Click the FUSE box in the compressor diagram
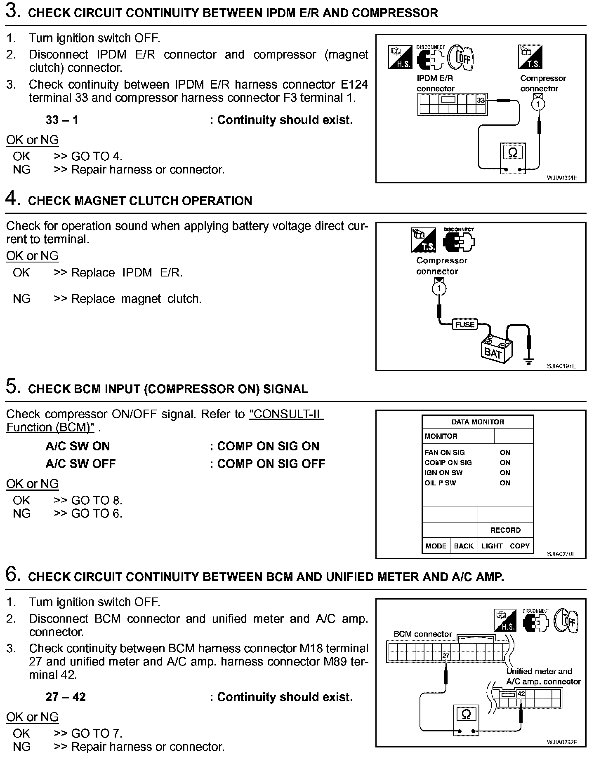[x=465, y=325]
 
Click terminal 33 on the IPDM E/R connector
[x=481, y=100]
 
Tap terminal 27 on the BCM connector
[x=445, y=656]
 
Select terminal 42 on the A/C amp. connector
[x=521, y=694]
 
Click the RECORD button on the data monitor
[x=505, y=530]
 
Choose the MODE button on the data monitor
[x=436, y=546]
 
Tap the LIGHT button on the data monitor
[x=492, y=546]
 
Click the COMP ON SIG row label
[x=448, y=463]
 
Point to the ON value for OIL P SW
[x=505, y=483]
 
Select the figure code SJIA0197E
[x=561, y=366]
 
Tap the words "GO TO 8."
[x=97, y=500]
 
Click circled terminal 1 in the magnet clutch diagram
[x=439, y=289]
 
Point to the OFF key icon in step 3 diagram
[x=461, y=58]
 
